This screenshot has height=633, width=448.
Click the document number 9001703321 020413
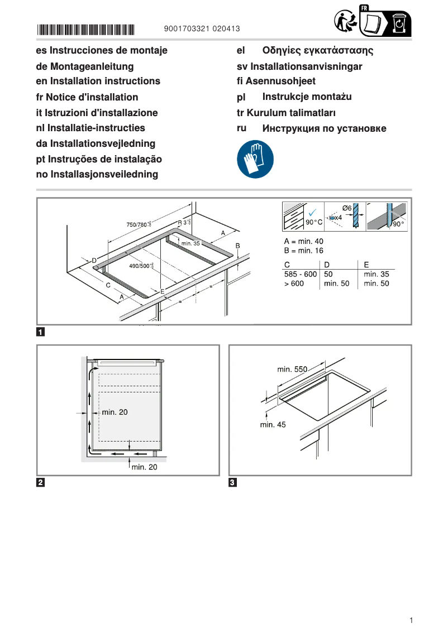point(202,28)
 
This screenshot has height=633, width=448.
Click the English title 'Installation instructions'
point(98,81)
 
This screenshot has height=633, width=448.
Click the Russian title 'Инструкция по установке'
point(324,129)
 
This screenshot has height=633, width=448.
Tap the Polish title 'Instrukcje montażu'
point(307,97)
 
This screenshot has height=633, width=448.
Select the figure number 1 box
point(41,333)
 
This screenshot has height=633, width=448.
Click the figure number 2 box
point(41,482)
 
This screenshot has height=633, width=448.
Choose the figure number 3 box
point(233,482)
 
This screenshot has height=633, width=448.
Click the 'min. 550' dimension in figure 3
point(292,370)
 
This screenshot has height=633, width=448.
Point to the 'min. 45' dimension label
point(273,425)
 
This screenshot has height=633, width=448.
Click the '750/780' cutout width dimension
point(138,224)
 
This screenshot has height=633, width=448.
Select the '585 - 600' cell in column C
point(301,274)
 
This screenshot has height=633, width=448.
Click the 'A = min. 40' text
point(304,241)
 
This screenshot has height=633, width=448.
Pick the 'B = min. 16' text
point(304,251)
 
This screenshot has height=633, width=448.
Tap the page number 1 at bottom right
point(411,620)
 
